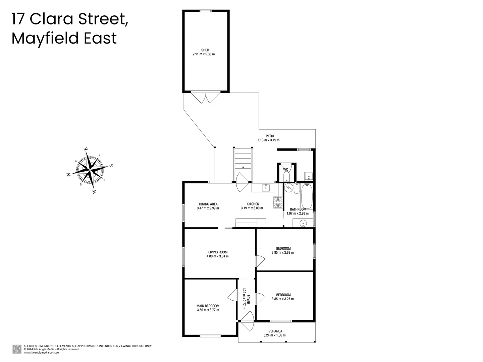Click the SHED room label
(x=205, y=50)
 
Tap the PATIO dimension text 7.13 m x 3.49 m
(x=268, y=140)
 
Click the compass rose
(x=90, y=170)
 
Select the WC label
(x=286, y=170)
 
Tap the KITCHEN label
(x=253, y=204)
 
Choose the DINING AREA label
(x=208, y=204)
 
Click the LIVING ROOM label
(x=218, y=252)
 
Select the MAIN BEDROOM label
(x=208, y=306)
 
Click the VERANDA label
(x=275, y=331)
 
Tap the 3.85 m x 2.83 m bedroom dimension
(x=283, y=253)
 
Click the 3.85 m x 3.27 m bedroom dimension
(x=283, y=299)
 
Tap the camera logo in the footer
(x=17, y=349)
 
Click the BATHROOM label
(x=298, y=209)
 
